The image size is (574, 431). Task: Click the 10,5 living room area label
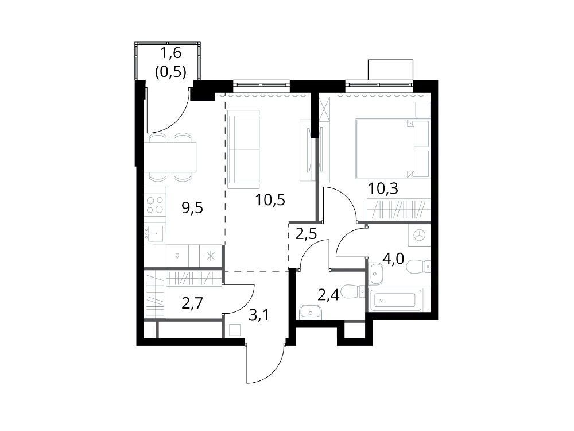coord(270,200)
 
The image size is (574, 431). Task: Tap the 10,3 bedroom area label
coord(383,188)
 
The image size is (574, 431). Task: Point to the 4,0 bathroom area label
coord(393,259)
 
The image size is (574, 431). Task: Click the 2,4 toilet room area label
coord(328,294)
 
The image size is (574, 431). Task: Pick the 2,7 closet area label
coord(192,304)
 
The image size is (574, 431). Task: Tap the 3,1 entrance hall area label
coord(258,314)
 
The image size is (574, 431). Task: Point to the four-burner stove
coord(155,205)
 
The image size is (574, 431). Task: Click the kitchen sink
coord(154,233)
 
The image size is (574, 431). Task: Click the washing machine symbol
coord(419,234)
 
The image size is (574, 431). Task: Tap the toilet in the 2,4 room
coord(352,291)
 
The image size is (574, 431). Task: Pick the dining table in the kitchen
coord(170,157)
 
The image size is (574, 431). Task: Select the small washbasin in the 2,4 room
coord(311,313)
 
